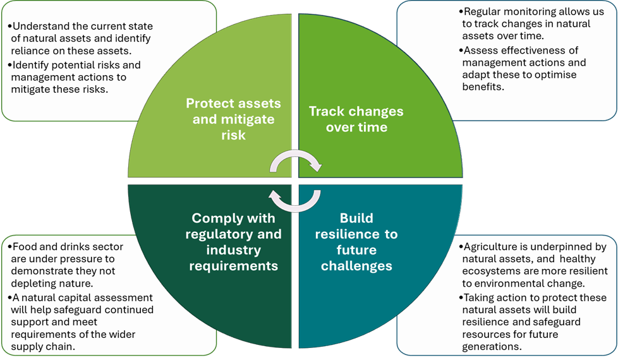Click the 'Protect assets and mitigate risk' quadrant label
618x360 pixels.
tap(233, 119)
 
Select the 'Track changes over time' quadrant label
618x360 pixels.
tap(356, 119)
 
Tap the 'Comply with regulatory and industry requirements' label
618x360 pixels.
tap(233, 241)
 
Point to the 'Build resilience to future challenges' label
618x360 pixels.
tap(356, 241)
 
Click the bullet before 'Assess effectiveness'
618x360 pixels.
tap(460, 51)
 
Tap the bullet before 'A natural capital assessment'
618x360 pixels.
tap(9, 297)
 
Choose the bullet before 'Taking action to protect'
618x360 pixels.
tap(461, 297)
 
